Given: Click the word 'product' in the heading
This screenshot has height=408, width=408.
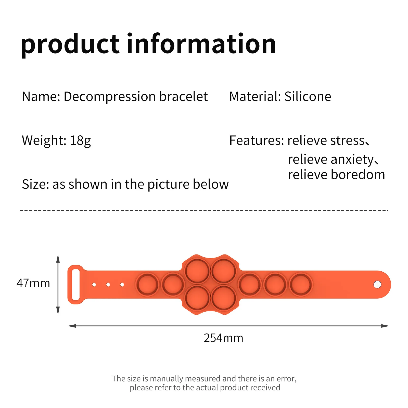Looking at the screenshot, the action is (x=70, y=45).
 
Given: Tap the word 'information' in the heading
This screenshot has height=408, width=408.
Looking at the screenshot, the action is (x=201, y=43).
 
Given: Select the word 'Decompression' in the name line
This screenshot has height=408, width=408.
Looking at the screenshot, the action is (x=110, y=97).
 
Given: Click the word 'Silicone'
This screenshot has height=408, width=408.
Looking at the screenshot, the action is (x=308, y=96).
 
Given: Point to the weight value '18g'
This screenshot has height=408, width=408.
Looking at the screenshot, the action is (x=80, y=141).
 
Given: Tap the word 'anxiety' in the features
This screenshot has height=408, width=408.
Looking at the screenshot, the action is (x=352, y=160).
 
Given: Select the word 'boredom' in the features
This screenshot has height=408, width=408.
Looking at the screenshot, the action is (x=358, y=175).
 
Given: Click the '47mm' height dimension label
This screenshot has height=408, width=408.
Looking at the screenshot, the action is (x=33, y=283).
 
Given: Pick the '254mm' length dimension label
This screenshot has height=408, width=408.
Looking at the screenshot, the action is (x=223, y=338).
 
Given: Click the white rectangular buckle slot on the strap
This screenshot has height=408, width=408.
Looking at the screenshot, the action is (x=76, y=284).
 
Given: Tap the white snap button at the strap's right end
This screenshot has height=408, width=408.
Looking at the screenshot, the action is (x=377, y=284).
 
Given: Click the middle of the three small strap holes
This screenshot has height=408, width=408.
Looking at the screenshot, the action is (x=108, y=284).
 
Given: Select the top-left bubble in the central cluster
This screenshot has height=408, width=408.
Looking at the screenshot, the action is (x=197, y=271).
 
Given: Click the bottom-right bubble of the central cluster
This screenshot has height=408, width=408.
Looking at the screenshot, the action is (x=224, y=298).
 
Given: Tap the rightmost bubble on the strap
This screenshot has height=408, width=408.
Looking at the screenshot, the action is (x=301, y=284).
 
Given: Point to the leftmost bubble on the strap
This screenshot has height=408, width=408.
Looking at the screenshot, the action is (x=147, y=284).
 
